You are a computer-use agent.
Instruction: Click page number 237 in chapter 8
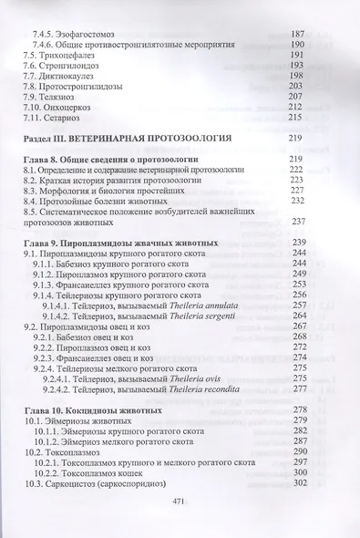(298, 222)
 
